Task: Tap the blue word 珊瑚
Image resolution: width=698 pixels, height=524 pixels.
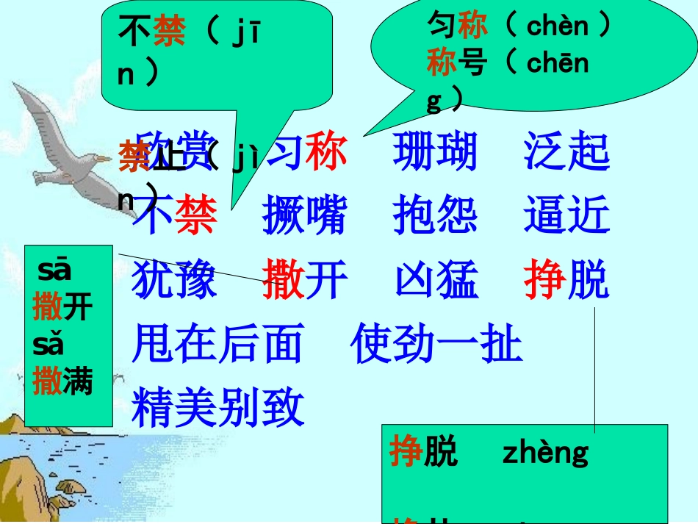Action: click(435, 153)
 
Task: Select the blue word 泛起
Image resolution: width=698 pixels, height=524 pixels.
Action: click(566, 153)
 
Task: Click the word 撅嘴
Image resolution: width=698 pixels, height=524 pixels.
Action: click(304, 216)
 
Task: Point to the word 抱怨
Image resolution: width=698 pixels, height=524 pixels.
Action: click(435, 216)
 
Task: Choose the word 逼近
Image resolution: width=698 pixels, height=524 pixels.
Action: click(566, 216)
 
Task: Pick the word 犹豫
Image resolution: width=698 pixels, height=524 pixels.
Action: click(174, 280)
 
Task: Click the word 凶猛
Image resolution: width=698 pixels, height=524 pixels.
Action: click(436, 280)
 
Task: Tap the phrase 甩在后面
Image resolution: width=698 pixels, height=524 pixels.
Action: click(217, 343)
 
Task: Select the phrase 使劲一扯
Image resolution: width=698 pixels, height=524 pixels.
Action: click(436, 343)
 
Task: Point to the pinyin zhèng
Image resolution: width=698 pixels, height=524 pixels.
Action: click(545, 453)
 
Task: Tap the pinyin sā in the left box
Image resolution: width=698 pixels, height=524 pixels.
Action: click(54, 270)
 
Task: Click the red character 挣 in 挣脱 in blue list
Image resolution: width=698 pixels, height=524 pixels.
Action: click(544, 280)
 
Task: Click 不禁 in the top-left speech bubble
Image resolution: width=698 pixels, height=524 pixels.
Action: click(151, 33)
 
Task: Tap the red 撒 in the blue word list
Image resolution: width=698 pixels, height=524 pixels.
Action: click(283, 280)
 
